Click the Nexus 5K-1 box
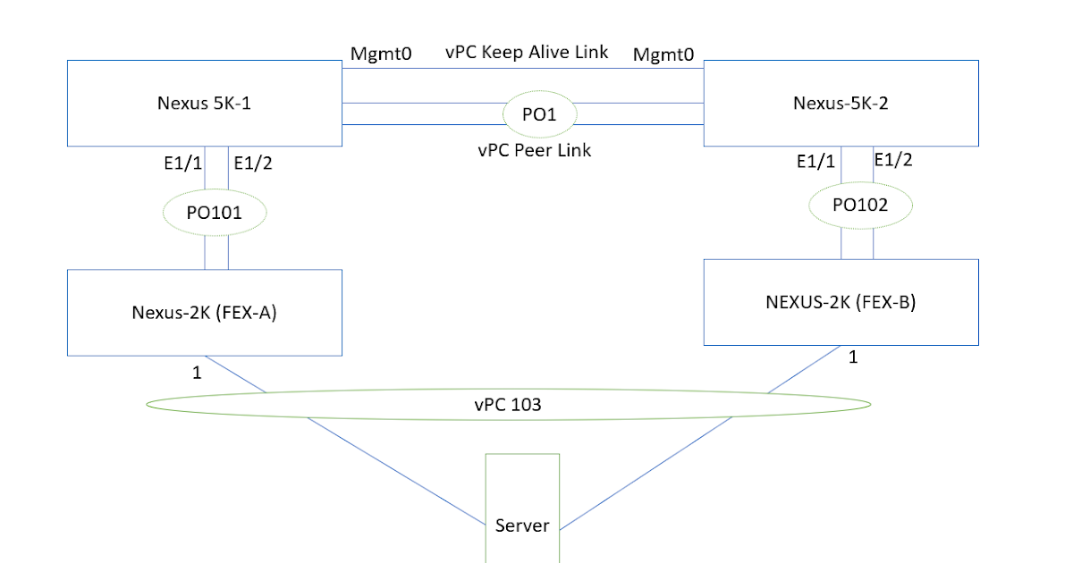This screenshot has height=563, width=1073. (x=204, y=103)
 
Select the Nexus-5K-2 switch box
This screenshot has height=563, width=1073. (x=841, y=103)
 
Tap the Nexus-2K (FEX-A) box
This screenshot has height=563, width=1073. (x=204, y=312)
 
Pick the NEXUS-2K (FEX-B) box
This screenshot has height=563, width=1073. (x=841, y=302)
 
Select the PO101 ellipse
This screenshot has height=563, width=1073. (x=215, y=213)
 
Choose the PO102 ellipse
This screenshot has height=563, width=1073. (x=860, y=205)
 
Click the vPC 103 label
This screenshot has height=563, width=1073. (x=507, y=405)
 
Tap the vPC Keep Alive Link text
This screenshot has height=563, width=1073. (x=527, y=52)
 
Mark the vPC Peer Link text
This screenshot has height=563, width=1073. (x=535, y=150)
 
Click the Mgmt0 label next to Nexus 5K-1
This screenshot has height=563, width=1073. (x=380, y=55)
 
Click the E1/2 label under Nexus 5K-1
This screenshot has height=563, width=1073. (x=252, y=163)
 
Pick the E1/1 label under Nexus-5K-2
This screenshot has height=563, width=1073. (x=815, y=162)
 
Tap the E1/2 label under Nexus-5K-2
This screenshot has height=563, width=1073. (x=893, y=160)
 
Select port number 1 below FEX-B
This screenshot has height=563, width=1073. (x=852, y=357)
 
